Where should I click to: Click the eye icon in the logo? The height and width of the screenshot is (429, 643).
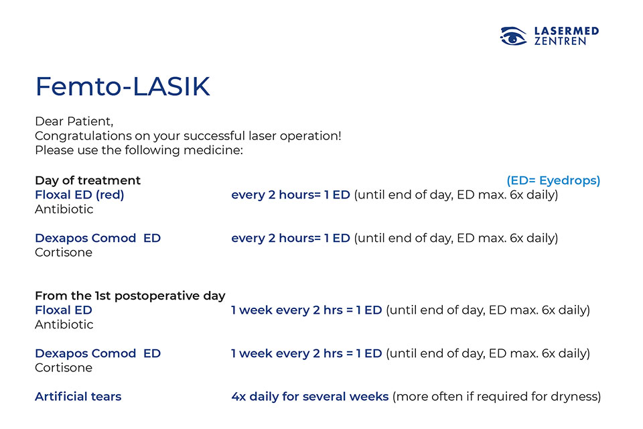coord(513,36)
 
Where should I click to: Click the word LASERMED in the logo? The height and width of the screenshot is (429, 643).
coord(567,31)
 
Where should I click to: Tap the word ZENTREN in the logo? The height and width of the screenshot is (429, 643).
coord(560,41)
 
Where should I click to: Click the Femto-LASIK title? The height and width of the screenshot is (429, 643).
coord(123,86)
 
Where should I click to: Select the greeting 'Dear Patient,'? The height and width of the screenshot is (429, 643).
coord(74,121)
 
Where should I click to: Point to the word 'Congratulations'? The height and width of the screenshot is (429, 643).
coord(83,136)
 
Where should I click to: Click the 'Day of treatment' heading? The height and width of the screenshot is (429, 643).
coord(88,180)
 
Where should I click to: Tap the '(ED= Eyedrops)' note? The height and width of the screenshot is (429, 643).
coord(553,180)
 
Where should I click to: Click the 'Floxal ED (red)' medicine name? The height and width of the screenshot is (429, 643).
coord(80,194)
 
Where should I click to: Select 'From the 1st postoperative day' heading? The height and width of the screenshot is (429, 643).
coord(130,296)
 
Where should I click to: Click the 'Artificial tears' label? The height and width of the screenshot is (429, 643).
coord(78,397)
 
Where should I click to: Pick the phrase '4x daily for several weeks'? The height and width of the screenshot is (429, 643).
coord(310,397)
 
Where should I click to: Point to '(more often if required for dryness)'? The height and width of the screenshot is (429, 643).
coord(496,397)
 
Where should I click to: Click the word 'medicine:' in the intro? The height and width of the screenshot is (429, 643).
coord(213,150)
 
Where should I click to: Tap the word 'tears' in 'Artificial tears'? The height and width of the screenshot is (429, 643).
coord(106,397)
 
